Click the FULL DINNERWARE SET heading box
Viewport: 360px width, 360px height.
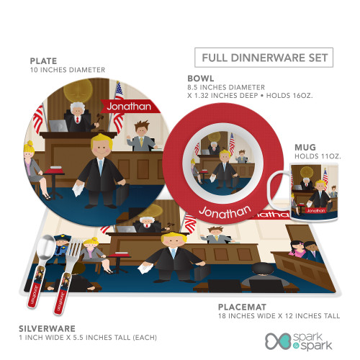(264, 58)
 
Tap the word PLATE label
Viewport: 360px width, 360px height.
(43, 61)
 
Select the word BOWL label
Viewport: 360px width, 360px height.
(201, 78)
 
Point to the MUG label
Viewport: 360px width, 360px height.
(305, 148)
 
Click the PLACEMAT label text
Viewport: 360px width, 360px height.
(242, 307)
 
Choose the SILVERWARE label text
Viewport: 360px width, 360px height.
(47, 328)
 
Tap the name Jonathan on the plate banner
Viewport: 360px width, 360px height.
(129, 107)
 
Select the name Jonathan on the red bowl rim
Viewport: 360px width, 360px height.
(225, 212)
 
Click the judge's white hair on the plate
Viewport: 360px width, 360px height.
(78, 107)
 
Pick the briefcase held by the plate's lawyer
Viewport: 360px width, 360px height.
(122, 194)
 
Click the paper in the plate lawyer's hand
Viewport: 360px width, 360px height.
(78, 189)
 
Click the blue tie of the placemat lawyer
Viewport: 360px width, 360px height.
(174, 253)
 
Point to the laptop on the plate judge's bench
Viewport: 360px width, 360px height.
(58, 125)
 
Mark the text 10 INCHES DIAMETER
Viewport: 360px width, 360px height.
(68, 70)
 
